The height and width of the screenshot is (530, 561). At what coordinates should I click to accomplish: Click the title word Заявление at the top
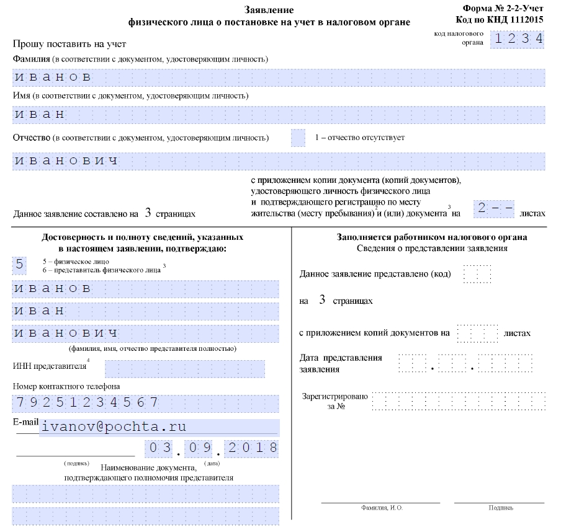point(269,10)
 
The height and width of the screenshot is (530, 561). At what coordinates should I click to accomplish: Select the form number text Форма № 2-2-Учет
point(503,9)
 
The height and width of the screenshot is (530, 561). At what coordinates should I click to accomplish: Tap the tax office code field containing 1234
point(518,39)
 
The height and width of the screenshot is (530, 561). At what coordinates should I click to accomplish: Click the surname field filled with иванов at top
point(279,77)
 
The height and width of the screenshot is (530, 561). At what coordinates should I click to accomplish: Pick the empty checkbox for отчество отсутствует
point(298,138)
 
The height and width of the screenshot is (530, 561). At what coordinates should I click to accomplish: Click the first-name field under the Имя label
point(279,115)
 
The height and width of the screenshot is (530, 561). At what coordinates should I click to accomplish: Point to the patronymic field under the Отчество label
point(279,161)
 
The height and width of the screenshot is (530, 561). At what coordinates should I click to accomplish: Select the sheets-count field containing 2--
point(495,209)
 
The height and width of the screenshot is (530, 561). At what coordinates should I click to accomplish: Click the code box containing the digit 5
point(19,265)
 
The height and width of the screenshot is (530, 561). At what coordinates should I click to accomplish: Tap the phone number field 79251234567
point(145,403)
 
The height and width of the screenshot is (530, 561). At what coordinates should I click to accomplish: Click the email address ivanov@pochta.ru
point(113,427)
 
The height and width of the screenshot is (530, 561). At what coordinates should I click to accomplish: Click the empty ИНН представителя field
point(184,369)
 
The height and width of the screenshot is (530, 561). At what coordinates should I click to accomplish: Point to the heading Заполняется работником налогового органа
point(432,237)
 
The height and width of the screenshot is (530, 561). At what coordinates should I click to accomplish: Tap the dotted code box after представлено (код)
point(477,274)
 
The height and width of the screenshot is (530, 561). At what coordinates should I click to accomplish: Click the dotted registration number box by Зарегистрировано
point(459,401)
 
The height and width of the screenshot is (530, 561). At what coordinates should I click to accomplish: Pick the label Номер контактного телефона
point(66,387)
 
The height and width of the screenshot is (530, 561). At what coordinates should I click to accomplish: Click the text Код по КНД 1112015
point(503,19)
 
